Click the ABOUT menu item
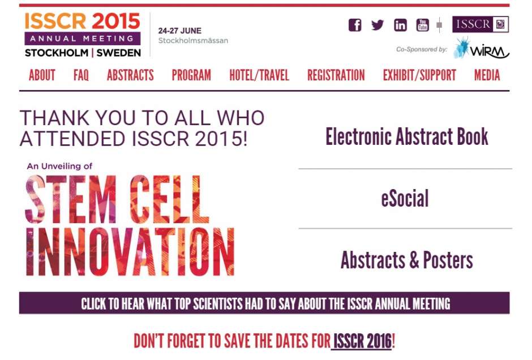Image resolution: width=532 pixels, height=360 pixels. tap(42, 75)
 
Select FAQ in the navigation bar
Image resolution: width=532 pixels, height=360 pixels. tap(81, 75)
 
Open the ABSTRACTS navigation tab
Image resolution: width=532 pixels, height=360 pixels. tap(130, 75)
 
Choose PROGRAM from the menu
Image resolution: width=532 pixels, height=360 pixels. tap(191, 75)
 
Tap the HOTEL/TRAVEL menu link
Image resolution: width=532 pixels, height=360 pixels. tap(259, 75)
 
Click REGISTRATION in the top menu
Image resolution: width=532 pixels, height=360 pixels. tap(336, 75)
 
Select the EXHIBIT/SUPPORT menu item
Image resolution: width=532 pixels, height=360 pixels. tap(419, 75)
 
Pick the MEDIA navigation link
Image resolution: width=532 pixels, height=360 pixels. tap(487, 75)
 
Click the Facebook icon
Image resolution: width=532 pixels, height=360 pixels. tap(355, 25)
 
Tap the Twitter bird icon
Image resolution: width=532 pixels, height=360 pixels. tap(377, 25)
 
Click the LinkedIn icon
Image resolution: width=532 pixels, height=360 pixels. tap(400, 25)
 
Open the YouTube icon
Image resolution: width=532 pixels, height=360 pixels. tap(422, 25)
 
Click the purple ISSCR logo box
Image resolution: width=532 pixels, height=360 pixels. tap(480, 24)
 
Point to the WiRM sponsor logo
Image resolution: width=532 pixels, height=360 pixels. tap(482, 49)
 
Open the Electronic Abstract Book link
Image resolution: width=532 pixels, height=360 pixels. tap(407, 137)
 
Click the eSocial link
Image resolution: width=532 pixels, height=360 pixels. tap(405, 199)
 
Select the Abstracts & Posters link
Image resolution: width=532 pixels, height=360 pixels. tap(407, 260)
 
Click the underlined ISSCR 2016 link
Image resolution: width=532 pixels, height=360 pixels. tap(362, 341)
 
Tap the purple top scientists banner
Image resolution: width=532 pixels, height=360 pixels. tap(264, 303)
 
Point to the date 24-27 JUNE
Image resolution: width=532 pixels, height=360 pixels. tap(180, 31)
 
